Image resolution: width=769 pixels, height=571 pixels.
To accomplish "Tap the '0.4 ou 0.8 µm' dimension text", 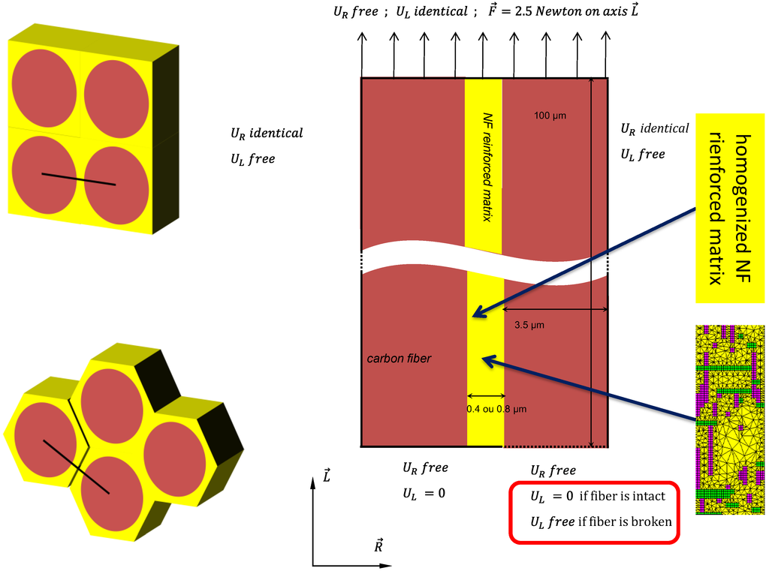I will point(499,409).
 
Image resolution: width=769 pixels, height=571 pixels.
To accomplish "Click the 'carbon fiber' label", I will point(399,359).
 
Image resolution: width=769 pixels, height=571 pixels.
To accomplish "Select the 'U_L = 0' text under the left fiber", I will point(424,493).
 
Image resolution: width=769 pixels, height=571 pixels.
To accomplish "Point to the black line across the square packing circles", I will point(78,179).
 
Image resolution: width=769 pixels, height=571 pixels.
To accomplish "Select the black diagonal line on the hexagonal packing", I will point(76,466).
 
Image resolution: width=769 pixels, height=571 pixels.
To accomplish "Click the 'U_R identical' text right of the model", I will point(654,128).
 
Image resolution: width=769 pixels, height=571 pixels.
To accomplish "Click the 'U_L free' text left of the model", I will point(252,159).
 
